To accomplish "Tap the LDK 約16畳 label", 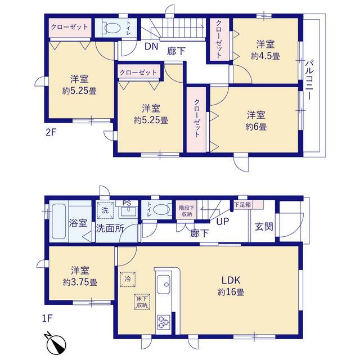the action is [231, 286].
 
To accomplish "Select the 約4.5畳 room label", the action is [265, 50].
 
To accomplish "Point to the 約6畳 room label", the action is [256, 121].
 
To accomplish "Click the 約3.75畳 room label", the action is [80, 276].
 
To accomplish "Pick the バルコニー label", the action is [309, 80].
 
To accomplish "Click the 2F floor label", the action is [51, 133].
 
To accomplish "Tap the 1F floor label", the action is [47, 319].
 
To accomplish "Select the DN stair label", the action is [151, 46].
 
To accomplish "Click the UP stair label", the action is [223, 222].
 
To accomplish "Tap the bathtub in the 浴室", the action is [59, 222].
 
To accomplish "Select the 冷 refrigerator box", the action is [128, 279].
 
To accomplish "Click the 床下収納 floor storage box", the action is [142, 302].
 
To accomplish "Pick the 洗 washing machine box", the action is [105, 210].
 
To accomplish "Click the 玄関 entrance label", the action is [264, 227].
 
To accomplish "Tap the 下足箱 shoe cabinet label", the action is [242, 204].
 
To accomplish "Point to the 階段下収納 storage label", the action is [187, 211].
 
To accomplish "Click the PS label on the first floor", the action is [127, 203].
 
